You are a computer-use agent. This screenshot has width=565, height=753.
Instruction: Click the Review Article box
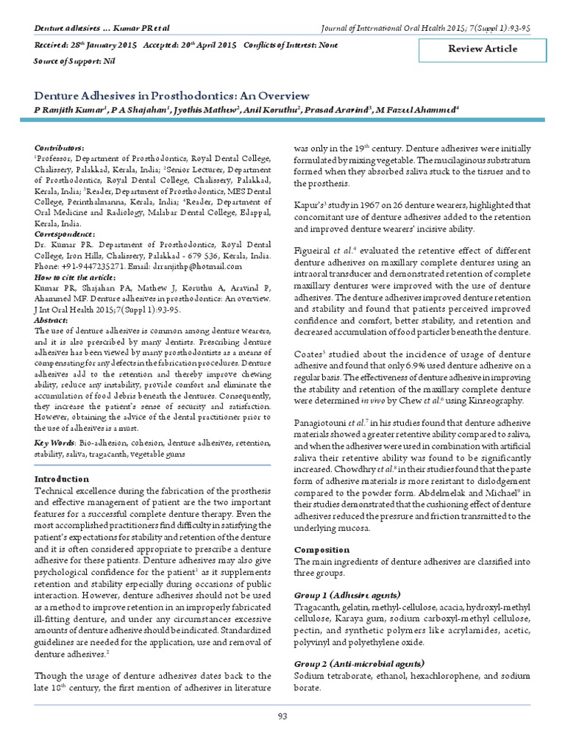(483, 49)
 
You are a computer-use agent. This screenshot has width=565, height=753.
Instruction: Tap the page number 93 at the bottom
(282, 717)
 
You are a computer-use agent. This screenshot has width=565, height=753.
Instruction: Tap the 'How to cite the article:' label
(75, 277)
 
